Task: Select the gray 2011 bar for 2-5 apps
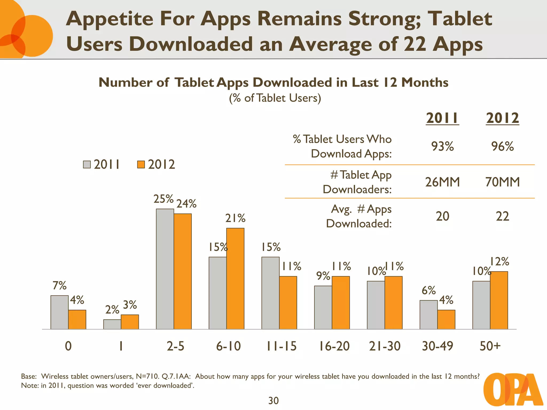click(165, 269)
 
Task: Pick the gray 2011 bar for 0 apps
click(59, 312)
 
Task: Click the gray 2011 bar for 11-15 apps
click(270, 293)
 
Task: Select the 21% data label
click(235, 218)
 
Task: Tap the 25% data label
click(163, 199)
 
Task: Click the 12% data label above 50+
click(499, 261)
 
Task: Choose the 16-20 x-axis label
click(334, 346)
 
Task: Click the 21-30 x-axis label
click(385, 346)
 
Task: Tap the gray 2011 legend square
click(87, 164)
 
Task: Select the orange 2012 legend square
click(141, 164)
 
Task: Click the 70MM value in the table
click(502, 182)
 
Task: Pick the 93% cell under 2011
click(442, 146)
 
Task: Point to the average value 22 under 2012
click(502, 216)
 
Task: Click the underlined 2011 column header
click(442, 118)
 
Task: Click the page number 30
click(273, 401)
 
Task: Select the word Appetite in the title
click(110, 19)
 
